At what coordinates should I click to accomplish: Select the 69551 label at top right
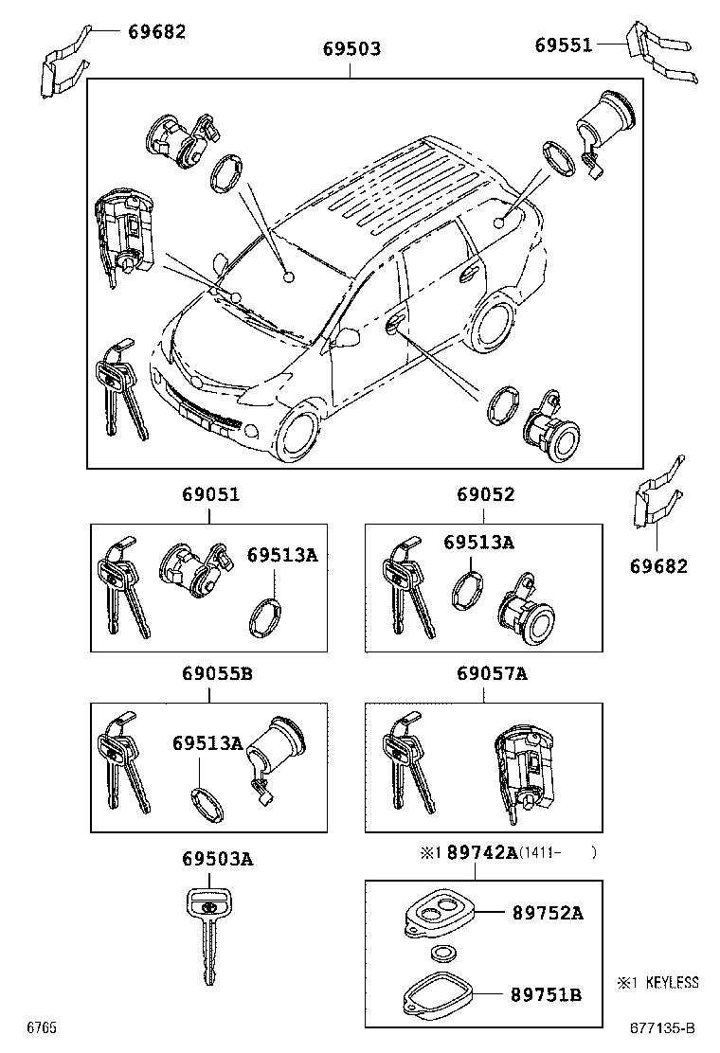tap(563, 45)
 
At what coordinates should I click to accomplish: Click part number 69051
tap(210, 494)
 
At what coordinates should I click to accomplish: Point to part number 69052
tap(485, 494)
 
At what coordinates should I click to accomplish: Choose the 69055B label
tap(217, 674)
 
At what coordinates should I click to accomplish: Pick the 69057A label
tap(492, 674)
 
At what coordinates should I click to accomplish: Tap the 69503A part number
tap(218, 859)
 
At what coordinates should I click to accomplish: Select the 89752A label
tap(547, 913)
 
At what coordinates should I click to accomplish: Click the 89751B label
tap(547, 994)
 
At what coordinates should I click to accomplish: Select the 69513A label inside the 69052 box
tap(478, 542)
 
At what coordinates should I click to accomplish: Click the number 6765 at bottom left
tap(42, 1027)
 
